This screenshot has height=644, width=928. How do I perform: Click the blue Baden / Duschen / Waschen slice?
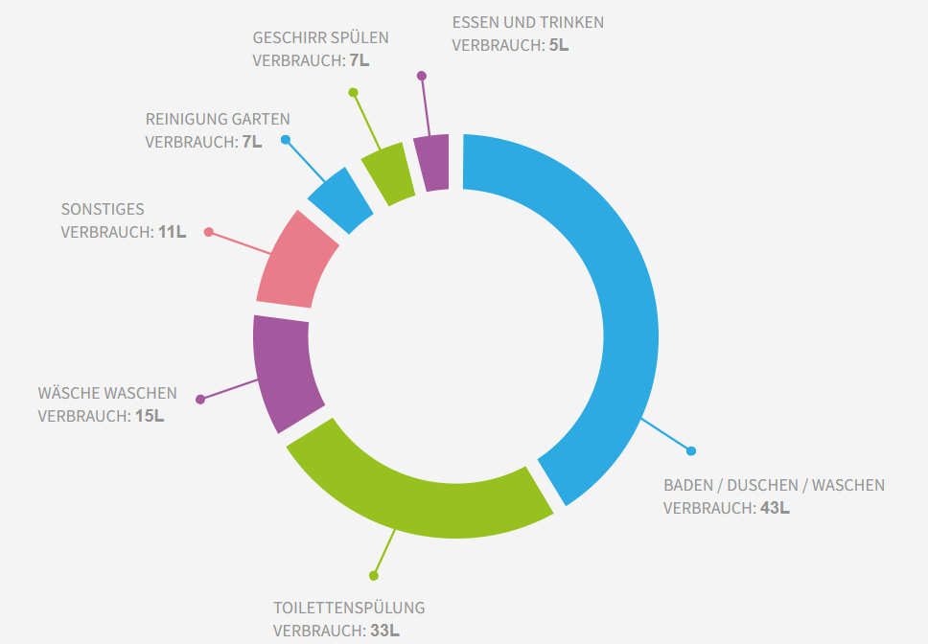point(614,287)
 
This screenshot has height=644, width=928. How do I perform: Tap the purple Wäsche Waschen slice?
point(285,369)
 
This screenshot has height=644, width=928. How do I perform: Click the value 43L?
point(775,508)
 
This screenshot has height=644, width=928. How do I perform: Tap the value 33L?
point(384,631)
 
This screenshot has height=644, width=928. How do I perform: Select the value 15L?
point(149,416)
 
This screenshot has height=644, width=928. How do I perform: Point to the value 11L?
point(172,232)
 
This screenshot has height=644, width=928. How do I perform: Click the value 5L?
point(559,44)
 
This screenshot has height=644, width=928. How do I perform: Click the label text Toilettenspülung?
point(349,608)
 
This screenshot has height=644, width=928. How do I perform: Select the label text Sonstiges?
point(103,209)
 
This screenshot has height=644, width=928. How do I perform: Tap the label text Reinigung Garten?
point(218,119)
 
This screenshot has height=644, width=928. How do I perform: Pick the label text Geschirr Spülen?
point(321,38)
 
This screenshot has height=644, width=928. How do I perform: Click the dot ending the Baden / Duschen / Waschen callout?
point(691,450)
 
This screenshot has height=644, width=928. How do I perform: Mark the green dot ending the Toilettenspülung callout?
point(374,576)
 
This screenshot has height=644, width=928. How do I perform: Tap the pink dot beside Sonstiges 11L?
point(209,232)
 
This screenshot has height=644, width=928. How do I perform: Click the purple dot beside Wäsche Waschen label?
point(199,399)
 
